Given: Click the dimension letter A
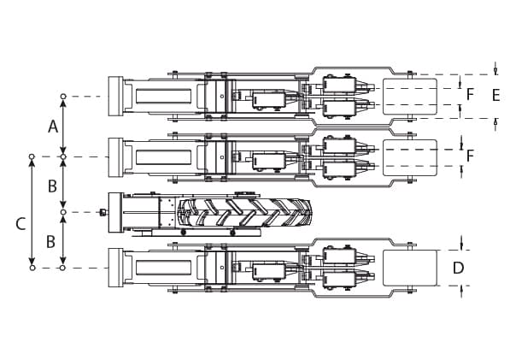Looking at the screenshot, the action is [x=53, y=127].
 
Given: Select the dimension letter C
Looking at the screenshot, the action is [x=21, y=224].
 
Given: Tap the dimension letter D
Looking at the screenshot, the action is [x=458, y=268].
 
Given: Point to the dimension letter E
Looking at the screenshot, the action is [x=495, y=96].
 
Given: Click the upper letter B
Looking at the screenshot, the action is [x=52, y=186].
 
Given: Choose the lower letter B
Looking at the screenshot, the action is [x=50, y=242].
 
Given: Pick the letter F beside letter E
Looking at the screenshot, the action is [x=470, y=94].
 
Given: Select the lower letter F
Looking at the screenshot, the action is [x=470, y=156].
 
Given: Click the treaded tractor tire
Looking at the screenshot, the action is [x=244, y=212].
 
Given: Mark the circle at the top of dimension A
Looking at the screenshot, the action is [x=63, y=97].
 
